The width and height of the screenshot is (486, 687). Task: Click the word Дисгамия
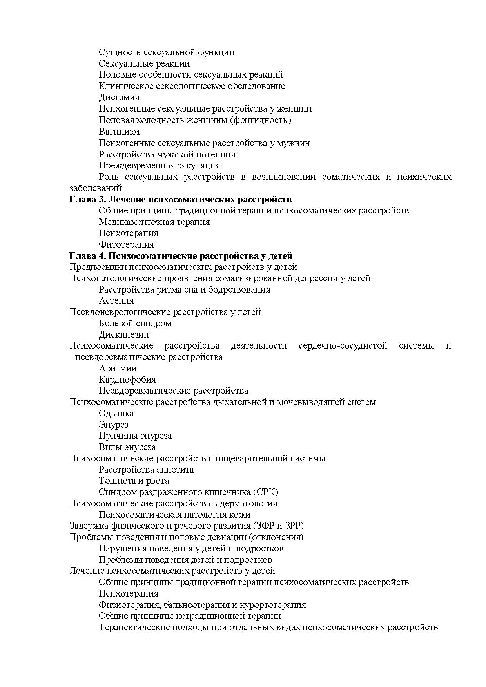tap(119, 97)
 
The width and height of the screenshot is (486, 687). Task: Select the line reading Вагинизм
tap(119, 131)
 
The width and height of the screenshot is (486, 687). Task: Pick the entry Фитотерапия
tap(126, 244)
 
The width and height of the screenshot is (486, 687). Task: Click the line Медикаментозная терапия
tap(154, 222)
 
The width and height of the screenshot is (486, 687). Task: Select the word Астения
tap(116, 300)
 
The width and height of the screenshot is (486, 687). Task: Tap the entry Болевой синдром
tap(135, 323)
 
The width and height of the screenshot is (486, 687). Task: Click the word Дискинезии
tap(124, 334)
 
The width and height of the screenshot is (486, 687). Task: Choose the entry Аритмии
tap(118, 368)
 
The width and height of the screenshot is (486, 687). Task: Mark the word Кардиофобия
tap(127, 380)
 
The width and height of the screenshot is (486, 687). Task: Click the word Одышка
tap(116, 413)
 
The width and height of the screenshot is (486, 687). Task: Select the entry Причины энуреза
tap(135, 436)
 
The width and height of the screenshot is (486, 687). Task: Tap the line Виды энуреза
tap(127, 447)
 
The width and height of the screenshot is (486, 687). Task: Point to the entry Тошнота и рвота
tap(134, 481)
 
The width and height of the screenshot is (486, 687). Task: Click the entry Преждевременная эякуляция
tap(160, 165)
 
